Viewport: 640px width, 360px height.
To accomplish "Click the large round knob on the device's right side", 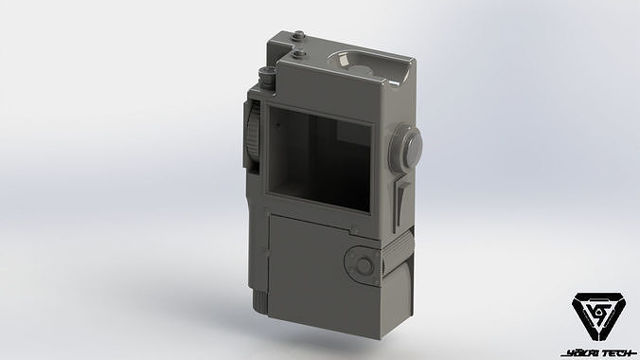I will pos(408,147).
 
